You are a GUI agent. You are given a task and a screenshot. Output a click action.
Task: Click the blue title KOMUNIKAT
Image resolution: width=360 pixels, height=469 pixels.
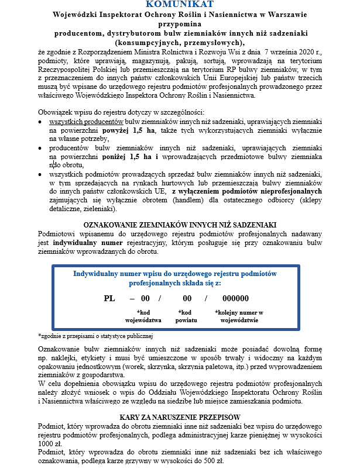click(180, 5)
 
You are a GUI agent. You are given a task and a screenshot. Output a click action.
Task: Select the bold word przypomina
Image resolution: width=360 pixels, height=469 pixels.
click(180, 25)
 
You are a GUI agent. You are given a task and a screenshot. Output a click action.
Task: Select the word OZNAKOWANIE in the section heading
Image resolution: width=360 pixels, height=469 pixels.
click(111, 225)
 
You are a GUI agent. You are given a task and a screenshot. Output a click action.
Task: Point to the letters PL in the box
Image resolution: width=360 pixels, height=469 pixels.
click(109, 298)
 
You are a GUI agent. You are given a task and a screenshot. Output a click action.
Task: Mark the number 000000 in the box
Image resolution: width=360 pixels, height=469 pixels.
click(236, 298)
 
